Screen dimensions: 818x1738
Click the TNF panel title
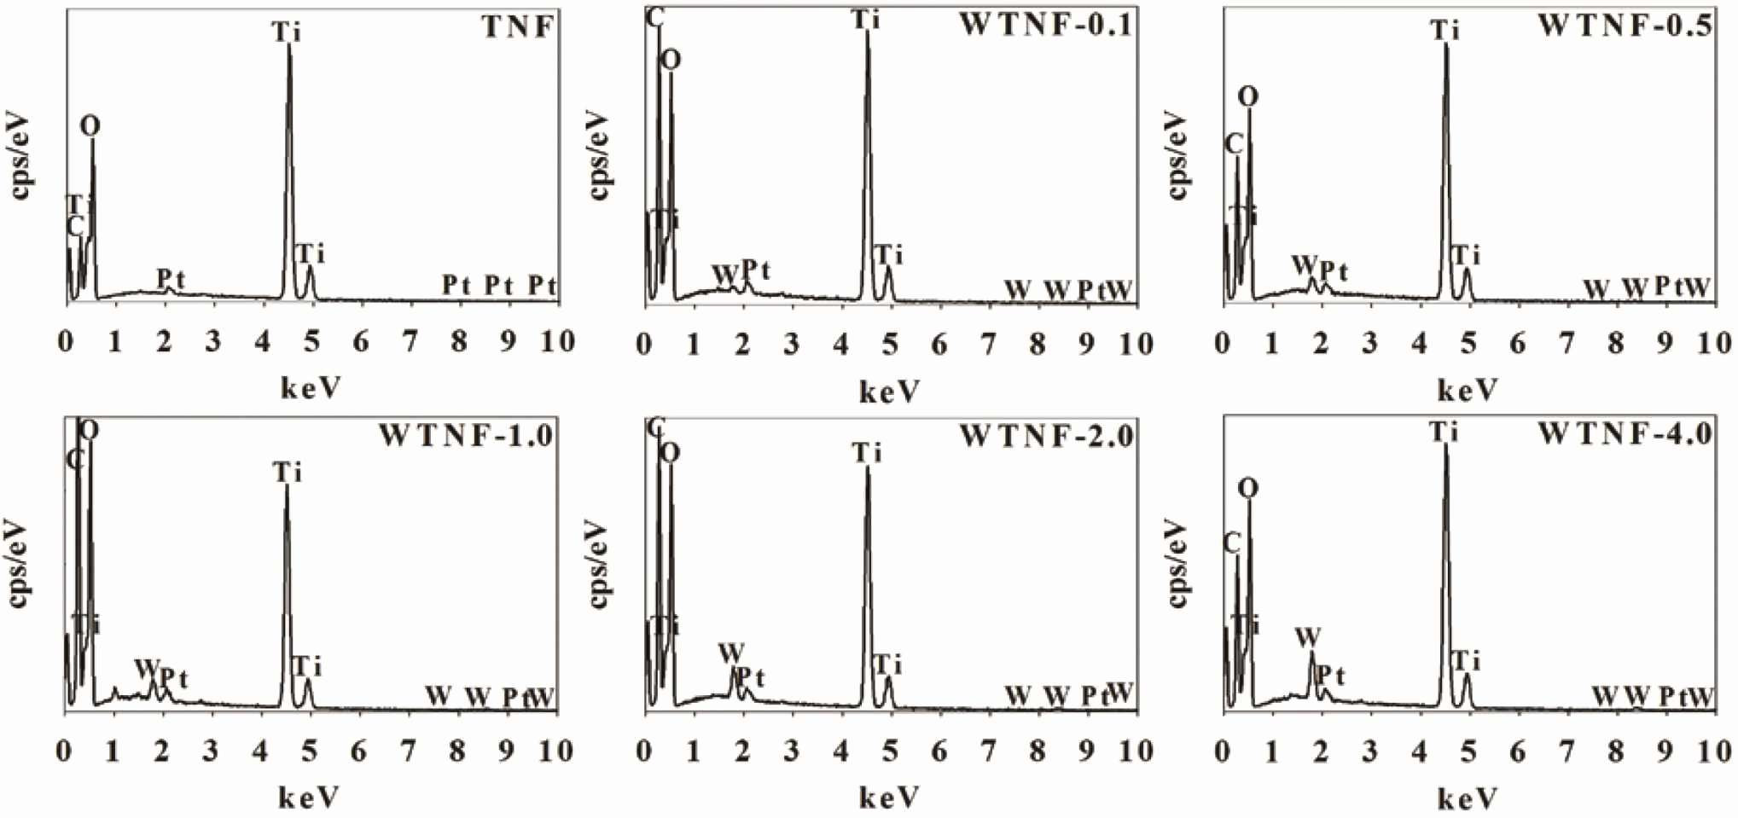tap(519, 27)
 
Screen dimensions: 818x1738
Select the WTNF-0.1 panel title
tap(1046, 25)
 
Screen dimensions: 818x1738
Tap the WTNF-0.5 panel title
tap(1625, 26)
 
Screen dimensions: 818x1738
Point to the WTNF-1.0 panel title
tap(467, 436)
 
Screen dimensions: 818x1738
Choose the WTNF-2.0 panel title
tap(1046, 436)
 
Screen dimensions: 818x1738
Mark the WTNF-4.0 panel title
tap(1625, 434)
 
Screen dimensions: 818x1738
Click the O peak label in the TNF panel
tap(90, 127)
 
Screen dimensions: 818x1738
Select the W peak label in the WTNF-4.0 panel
tap(1307, 637)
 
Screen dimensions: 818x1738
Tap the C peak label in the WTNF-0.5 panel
tap(1233, 144)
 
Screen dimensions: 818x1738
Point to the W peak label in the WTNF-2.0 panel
tap(730, 653)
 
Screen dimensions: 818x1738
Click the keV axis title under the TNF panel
tap(311, 389)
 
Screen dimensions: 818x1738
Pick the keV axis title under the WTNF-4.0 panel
tap(1468, 799)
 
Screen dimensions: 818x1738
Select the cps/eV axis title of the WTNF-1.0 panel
tap(19, 563)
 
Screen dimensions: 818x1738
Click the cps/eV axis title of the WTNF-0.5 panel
tap(1177, 155)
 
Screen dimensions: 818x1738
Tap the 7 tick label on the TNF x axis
tap(410, 342)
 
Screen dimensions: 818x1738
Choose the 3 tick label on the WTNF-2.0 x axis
tap(792, 751)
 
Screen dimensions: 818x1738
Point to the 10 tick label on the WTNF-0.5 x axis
tap(1712, 343)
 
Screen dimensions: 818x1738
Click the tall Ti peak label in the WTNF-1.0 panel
tap(288, 472)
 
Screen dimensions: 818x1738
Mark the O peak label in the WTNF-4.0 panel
tap(1247, 489)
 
